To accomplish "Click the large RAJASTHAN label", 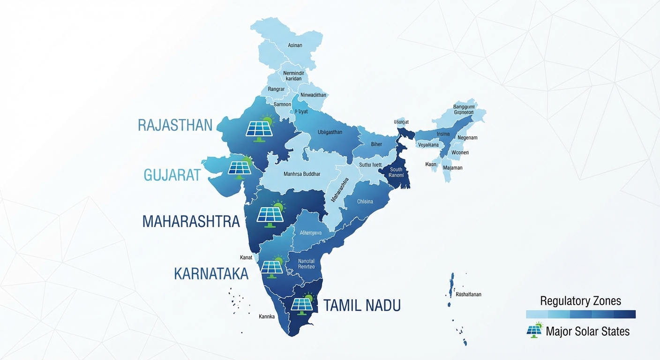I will [x=175, y=125].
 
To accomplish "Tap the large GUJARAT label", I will [x=172, y=175].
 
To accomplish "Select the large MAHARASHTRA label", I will [x=191, y=221].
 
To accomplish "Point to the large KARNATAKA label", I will [x=211, y=274].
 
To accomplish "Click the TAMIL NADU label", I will [x=362, y=306].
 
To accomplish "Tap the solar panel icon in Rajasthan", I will [x=259, y=128].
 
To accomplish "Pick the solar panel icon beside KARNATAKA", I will [x=272, y=267].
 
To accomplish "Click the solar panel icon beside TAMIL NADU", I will [x=302, y=304].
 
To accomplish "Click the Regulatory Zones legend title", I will [x=580, y=301].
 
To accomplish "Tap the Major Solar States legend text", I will [x=587, y=331].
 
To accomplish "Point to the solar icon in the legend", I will [x=534, y=330].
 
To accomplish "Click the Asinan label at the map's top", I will [x=295, y=45].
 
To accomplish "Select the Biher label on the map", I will [x=376, y=144].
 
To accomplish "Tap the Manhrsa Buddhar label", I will [x=302, y=174].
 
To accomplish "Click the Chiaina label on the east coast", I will [x=365, y=202].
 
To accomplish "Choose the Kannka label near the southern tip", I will [x=266, y=316].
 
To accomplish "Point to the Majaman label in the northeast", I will [x=452, y=168].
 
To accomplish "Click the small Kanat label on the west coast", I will [x=246, y=257].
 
